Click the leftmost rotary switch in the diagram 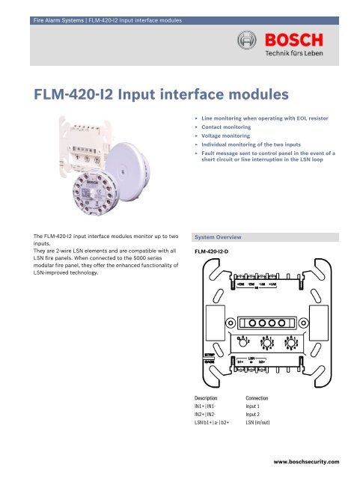pos(243,344)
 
